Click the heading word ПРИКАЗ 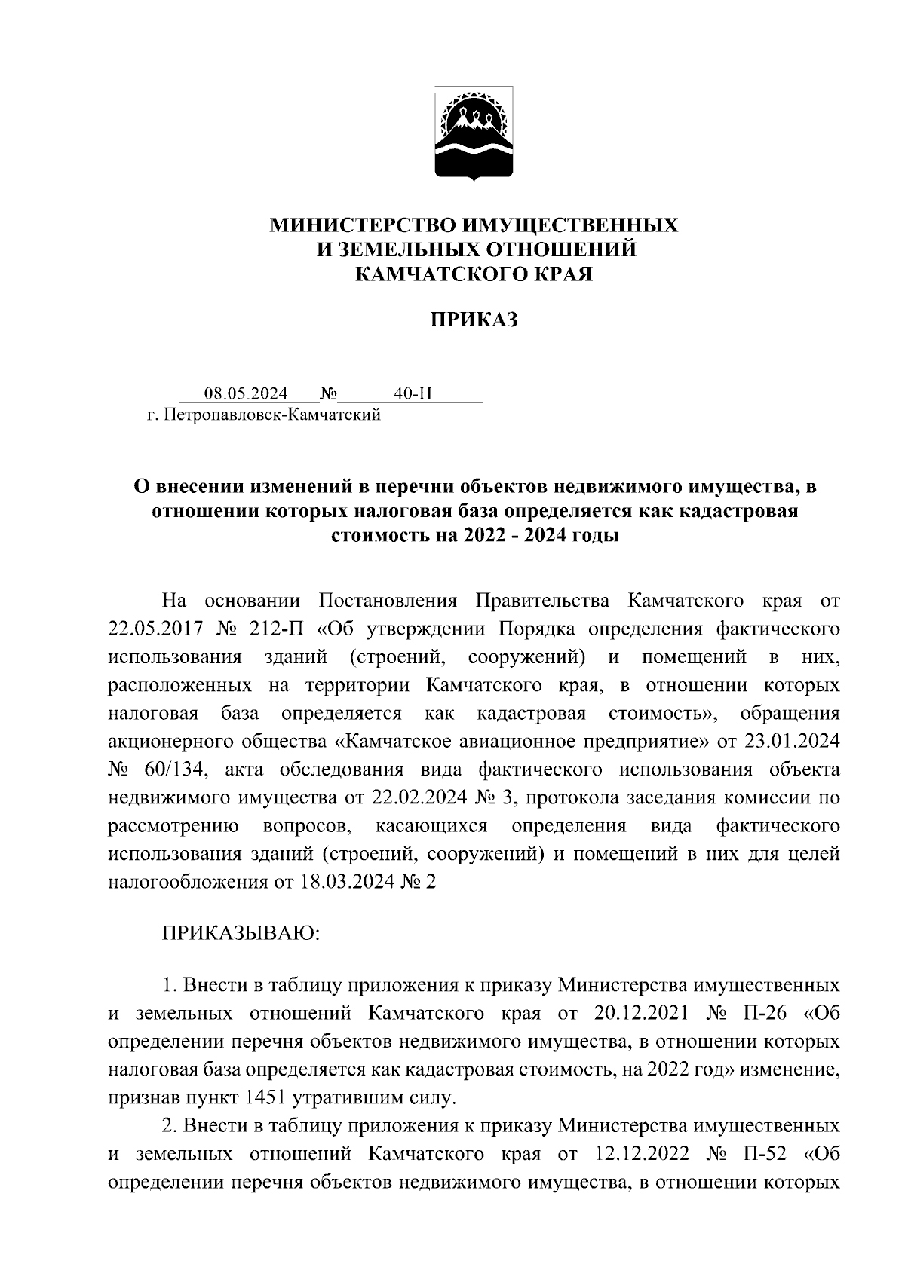(x=474, y=320)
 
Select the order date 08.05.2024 (x=246, y=393)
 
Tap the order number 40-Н (x=413, y=393)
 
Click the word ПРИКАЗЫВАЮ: (x=241, y=934)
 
